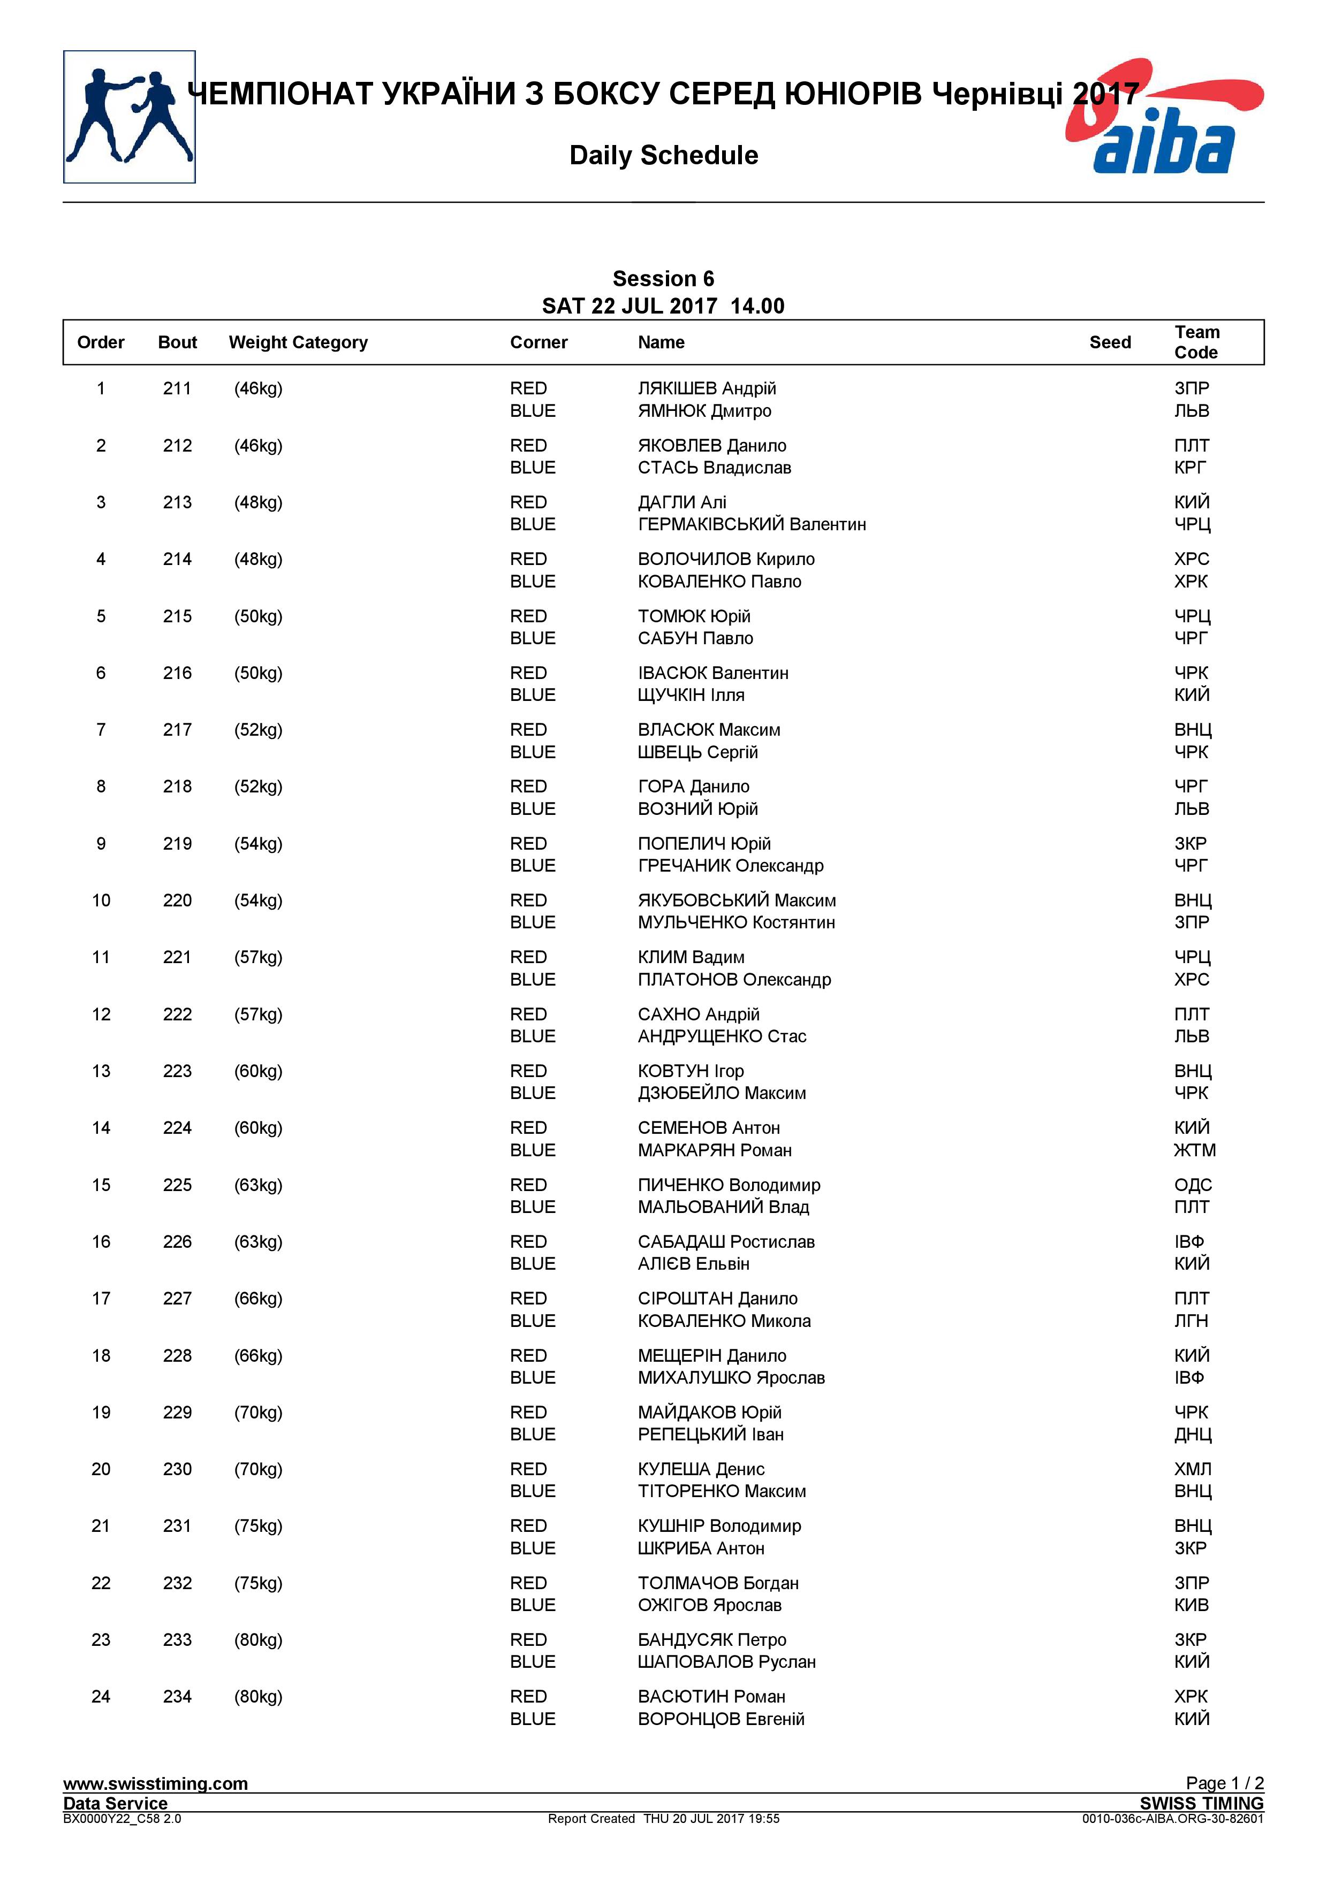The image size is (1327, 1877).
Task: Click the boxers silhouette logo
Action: coord(129,117)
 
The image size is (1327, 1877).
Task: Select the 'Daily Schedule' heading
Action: coord(663,155)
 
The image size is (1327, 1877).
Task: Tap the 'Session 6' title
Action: coord(663,279)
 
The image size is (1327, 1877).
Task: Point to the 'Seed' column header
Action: coord(1110,342)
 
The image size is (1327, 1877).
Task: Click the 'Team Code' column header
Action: coord(1196,342)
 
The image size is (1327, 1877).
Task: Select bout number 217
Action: coord(177,730)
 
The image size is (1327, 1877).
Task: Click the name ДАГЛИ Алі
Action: coord(682,503)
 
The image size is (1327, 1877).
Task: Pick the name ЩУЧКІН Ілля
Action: coord(691,696)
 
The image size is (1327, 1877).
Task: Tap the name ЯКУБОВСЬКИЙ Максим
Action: coord(737,901)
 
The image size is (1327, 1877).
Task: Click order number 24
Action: coord(101,1697)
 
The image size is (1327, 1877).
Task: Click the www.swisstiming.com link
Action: coord(155,1784)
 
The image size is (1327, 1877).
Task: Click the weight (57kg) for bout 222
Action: coord(259,1014)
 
